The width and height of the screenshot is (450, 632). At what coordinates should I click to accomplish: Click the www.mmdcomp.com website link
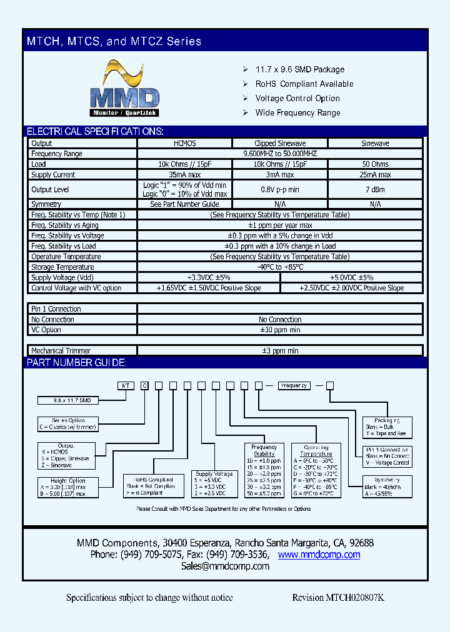(319, 555)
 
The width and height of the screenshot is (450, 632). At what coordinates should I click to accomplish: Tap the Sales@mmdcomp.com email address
(225, 566)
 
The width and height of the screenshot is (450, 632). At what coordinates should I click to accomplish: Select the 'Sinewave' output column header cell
(375, 143)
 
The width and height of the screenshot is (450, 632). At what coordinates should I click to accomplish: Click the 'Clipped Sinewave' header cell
(280, 143)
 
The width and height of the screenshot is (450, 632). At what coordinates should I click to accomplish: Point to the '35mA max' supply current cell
(184, 175)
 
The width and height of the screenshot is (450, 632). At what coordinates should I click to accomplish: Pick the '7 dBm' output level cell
(375, 189)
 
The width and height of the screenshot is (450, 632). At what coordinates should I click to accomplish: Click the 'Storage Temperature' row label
(62, 267)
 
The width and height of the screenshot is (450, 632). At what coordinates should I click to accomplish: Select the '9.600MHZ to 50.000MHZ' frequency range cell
(280, 154)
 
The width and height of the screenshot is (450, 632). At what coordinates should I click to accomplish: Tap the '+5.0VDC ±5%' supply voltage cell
(351, 277)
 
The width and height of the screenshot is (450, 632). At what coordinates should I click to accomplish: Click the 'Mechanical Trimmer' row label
(61, 351)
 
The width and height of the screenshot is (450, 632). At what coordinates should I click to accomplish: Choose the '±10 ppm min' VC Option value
(280, 330)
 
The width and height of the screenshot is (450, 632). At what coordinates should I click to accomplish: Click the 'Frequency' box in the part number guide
(294, 386)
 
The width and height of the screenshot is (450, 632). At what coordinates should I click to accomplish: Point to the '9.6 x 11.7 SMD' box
(64, 400)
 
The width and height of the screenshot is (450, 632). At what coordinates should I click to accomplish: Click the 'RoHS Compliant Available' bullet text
(304, 84)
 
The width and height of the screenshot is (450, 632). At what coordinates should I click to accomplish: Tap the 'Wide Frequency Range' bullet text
(297, 112)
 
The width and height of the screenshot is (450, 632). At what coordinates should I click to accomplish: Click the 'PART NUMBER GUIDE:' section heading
(76, 363)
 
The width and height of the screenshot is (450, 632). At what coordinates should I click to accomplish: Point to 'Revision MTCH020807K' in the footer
(338, 598)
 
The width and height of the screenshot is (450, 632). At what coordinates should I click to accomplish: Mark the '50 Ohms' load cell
(375, 164)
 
